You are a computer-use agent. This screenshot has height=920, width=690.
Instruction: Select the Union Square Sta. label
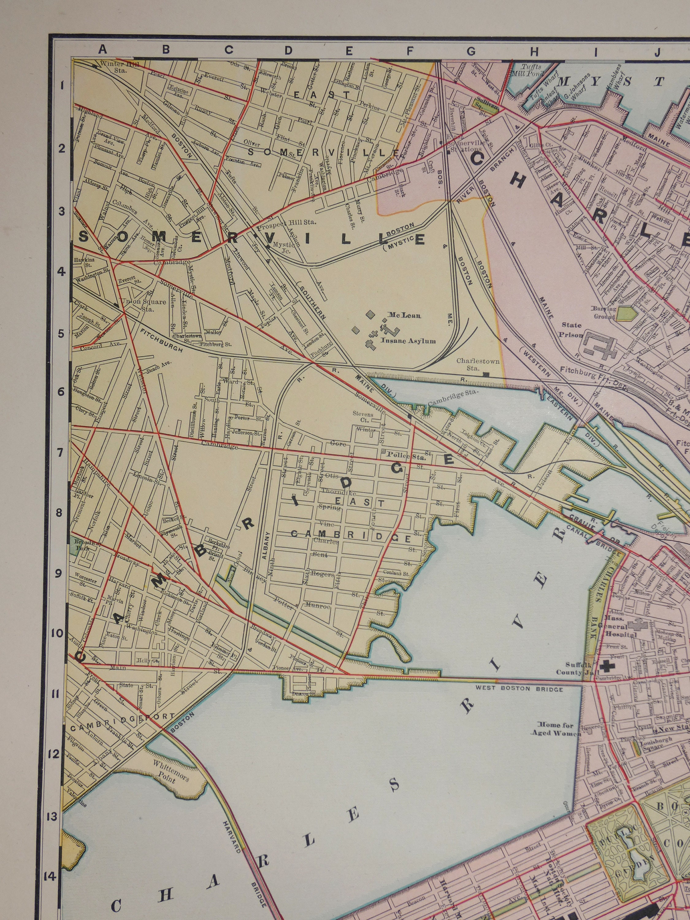coord(142,305)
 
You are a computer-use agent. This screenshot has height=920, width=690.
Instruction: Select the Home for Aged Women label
coord(555,729)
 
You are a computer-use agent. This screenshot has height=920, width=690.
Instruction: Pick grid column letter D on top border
coord(288,50)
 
